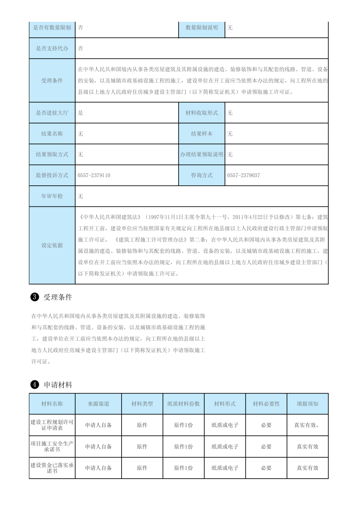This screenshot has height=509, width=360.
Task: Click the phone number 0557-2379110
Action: (x=94, y=175)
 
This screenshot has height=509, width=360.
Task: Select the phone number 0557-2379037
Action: (x=244, y=175)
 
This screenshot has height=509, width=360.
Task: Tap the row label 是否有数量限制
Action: (x=52, y=28)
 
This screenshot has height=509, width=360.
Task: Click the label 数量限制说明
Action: (x=202, y=28)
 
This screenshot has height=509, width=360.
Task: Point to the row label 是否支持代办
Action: (x=52, y=48)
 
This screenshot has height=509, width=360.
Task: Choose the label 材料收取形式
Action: (x=202, y=113)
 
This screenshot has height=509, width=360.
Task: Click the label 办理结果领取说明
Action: (x=202, y=155)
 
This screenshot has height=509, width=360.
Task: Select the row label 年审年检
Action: (x=52, y=196)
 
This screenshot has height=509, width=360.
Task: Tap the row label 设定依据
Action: (x=52, y=245)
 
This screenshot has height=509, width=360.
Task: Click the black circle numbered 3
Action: (x=35, y=297)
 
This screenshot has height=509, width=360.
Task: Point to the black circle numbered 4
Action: (x=35, y=385)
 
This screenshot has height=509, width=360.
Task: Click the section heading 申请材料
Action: (x=58, y=385)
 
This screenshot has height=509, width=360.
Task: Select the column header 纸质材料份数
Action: (x=183, y=404)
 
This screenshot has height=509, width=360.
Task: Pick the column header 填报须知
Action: (x=307, y=404)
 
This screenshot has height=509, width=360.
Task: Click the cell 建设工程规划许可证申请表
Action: (x=52, y=425)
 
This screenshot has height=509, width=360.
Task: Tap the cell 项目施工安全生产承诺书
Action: (x=52, y=447)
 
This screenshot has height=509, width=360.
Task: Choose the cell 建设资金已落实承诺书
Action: (x=52, y=468)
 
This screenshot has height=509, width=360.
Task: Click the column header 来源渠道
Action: (x=98, y=404)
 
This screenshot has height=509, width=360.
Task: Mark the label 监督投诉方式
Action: (x=52, y=175)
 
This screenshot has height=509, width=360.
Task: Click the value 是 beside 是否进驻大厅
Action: (x=80, y=113)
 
